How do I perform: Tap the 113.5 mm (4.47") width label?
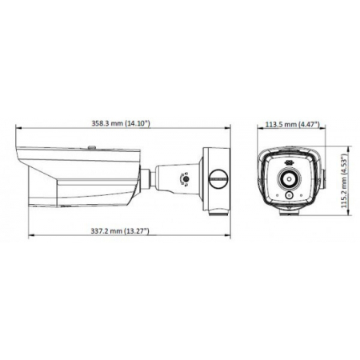click(292, 125)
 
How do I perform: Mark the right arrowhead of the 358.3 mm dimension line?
click(230, 130)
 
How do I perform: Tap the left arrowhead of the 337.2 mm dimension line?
click(30, 237)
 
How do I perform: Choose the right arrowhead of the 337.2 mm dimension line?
click(230, 237)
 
